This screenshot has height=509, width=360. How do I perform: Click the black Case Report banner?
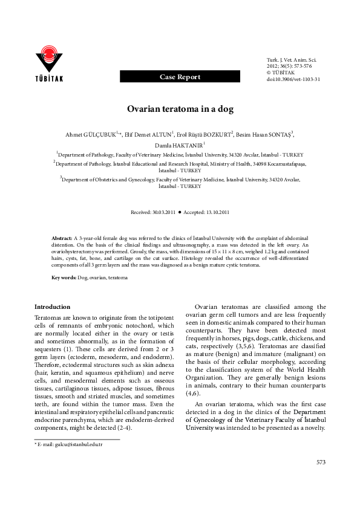(x=180, y=77)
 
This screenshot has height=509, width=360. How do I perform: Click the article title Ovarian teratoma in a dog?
(x=180, y=111)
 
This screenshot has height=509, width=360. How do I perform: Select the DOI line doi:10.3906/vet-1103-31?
(x=293, y=79)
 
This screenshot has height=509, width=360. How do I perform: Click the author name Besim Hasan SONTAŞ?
(x=268, y=135)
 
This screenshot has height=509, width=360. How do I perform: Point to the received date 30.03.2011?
(x=163, y=213)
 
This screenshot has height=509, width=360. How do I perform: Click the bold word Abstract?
(x=61, y=239)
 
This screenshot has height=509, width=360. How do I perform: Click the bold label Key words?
(x=64, y=277)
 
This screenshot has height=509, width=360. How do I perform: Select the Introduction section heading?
(x=53, y=307)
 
